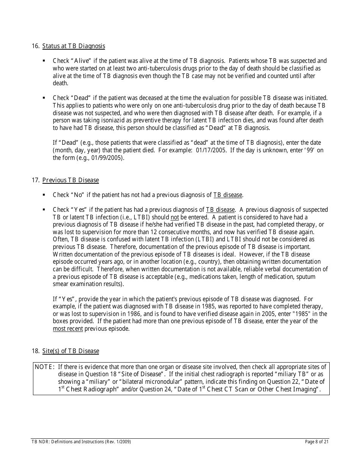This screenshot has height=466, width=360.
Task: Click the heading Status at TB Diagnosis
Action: coord(74,46)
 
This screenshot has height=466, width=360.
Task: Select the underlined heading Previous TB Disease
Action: coord(70,180)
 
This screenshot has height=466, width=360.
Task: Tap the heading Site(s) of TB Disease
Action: coord(70,351)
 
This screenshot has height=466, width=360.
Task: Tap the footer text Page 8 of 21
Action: coord(317,442)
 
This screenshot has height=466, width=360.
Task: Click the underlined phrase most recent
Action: coord(68,329)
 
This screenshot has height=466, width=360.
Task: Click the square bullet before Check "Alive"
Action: coord(44,61)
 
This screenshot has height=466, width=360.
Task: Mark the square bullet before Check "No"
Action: coord(44,195)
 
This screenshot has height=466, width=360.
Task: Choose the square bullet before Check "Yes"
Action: coord(44,210)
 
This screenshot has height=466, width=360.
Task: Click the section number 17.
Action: coord(36,180)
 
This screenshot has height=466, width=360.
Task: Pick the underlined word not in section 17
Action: coord(175,217)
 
